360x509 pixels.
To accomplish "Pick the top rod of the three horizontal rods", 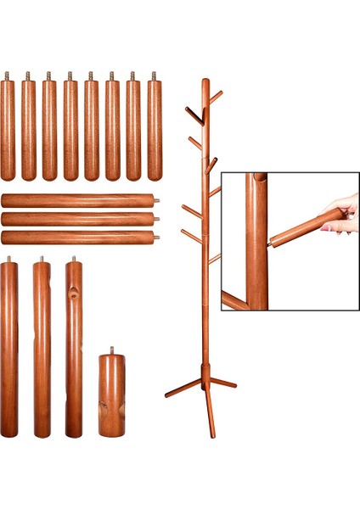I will tap(79, 201).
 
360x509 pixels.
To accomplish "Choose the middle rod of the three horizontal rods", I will tap(79, 219).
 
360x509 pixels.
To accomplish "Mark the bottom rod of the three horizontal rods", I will tap(79, 238).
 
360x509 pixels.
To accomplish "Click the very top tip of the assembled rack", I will tap(205, 81).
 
